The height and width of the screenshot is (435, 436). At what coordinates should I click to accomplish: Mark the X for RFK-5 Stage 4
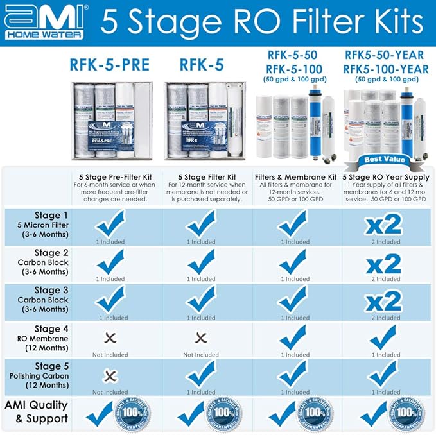202,337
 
